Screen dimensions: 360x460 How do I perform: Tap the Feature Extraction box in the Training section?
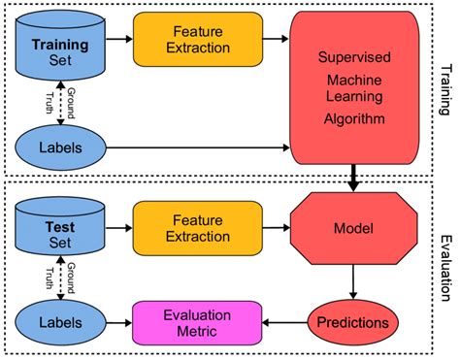(x=197, y=40)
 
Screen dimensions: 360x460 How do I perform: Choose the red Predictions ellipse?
(x=355, y=320)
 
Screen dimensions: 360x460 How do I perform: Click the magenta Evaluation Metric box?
(x=197, y=320)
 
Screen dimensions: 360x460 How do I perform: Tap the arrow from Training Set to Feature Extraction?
(x=119, y=40)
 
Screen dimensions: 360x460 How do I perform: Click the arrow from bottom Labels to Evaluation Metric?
(x=118, y=320)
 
